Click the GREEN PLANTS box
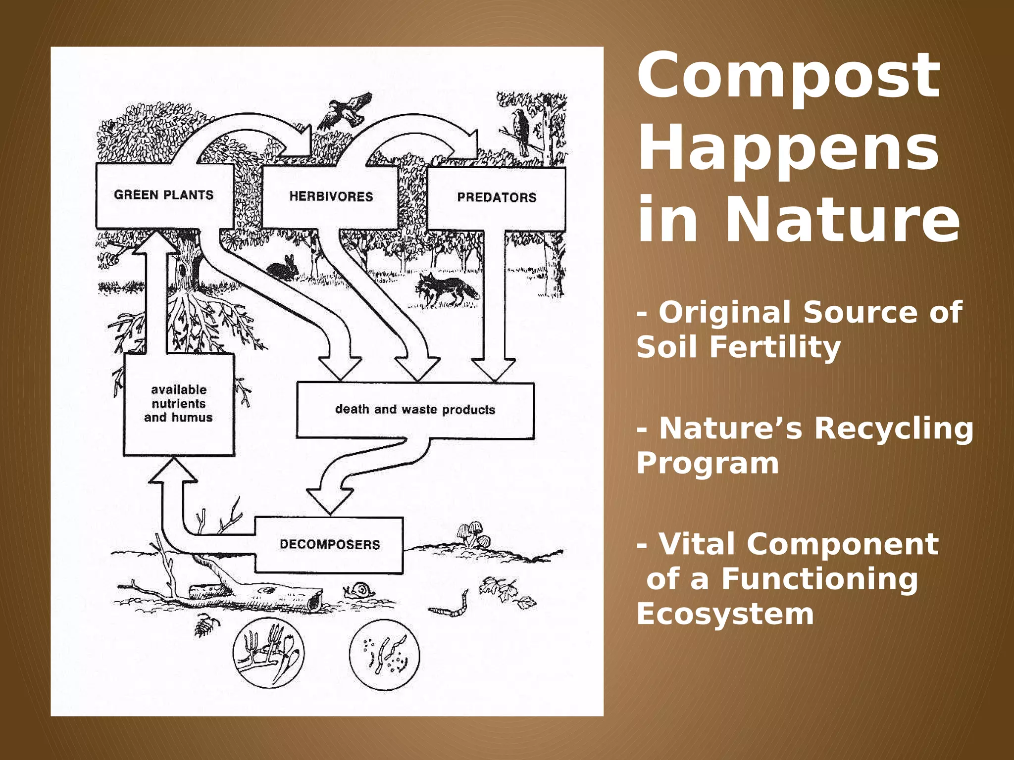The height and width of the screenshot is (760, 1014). pos(163,195)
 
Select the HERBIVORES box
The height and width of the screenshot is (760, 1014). pos(330,197)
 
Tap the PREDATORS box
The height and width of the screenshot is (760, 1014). pos(496,198)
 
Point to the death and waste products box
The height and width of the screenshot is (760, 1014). pos(415,410)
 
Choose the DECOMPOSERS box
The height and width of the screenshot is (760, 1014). pos(329,545)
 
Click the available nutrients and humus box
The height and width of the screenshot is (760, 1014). pos(178,404)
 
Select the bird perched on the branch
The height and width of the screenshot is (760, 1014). pos(520,131)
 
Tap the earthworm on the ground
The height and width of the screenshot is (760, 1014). pos(451,606)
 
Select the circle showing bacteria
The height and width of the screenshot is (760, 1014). pos(384,654)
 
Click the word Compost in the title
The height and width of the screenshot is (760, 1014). pos(788,77)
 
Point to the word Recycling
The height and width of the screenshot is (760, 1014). pos(894,428)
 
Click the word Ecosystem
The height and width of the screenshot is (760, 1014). pos(725,614)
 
